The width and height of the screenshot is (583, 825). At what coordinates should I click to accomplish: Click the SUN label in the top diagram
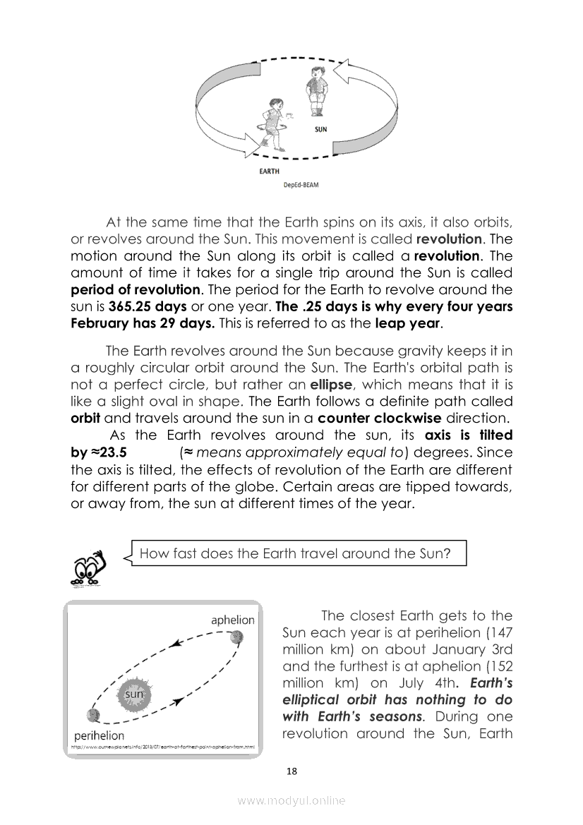320,130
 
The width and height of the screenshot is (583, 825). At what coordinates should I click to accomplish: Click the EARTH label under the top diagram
270,171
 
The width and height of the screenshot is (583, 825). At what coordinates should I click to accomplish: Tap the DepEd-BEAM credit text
301,186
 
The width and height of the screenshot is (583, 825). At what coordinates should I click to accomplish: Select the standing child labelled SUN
315,95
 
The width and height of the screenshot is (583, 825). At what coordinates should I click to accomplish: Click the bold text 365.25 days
148,307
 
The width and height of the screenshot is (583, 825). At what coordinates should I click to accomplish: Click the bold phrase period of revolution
135,289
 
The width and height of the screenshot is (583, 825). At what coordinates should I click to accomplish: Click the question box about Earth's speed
295,553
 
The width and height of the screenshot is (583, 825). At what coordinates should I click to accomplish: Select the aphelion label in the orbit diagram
233,620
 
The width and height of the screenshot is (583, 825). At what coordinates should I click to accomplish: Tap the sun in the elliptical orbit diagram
134,694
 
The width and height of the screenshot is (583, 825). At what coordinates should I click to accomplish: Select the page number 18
291,771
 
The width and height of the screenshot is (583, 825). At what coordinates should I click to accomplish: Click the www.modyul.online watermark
291,800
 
